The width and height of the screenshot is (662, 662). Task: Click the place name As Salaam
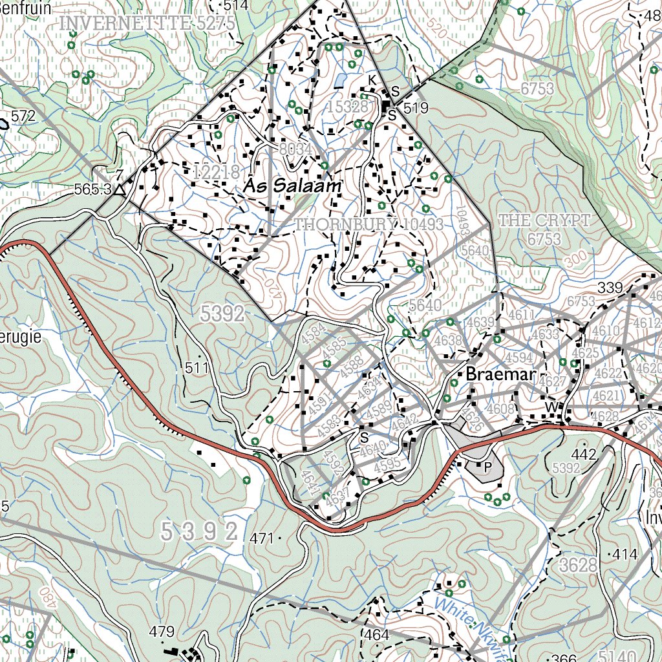[x=292, y=186]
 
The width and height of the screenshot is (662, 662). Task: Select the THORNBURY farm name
[x=345, y=224]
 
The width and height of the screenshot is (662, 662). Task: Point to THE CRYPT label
[x=544, y=220]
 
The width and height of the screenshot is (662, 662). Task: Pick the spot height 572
[x=23, y=116]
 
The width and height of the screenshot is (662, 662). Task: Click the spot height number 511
[x=196, y=368]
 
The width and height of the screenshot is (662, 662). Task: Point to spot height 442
[x=583, y=455]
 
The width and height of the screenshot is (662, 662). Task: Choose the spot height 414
[x=625, y=554]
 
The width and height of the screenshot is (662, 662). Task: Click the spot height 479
[x=162, y=631]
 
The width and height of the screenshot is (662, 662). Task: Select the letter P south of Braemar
[x=487, y=465]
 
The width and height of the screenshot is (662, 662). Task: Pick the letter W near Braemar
[x=551, y=406]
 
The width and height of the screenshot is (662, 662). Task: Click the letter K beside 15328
[x=372, y=80]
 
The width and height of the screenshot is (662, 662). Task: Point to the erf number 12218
[x=217, y=172]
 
